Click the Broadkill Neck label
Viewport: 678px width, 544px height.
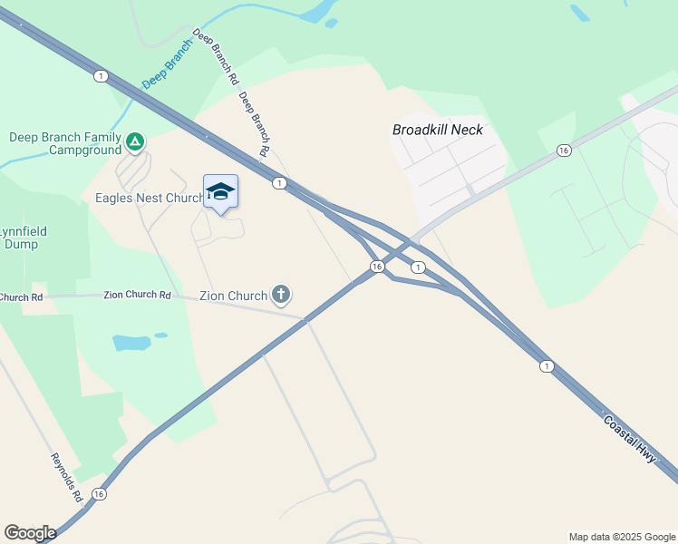click(x=438, y=130)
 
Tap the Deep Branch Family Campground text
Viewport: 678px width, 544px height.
click(x=64, y=143)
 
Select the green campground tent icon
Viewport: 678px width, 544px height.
click(x=134, y=141)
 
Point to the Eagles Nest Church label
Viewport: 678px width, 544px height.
click(x=150, y=198)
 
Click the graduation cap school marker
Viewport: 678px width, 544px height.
click(x=220, y=191)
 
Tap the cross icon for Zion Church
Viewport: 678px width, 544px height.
click(x=282, y=294)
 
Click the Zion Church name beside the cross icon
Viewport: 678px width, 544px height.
click(x=233, y=296)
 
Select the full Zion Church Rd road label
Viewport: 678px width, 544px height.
click(x=137, y=295)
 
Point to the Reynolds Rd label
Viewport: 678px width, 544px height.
click(x=66, y=477)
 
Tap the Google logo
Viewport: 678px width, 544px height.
click(x=30, y=533)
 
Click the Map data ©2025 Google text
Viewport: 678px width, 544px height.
click(x=621, y=537)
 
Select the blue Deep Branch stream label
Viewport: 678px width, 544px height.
click(x=168, y=63)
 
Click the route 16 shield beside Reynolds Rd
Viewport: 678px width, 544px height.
click(x=99, y=494)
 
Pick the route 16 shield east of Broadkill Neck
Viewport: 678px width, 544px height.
click(x=564, y=151)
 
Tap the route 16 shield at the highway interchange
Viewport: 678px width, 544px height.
click(x=377, y=267)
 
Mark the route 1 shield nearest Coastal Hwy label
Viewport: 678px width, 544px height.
click(x=546, y=365)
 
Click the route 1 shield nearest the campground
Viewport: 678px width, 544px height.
click(x=100, y=75)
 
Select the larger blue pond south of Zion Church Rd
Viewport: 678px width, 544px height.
click(x=131, y=343)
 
